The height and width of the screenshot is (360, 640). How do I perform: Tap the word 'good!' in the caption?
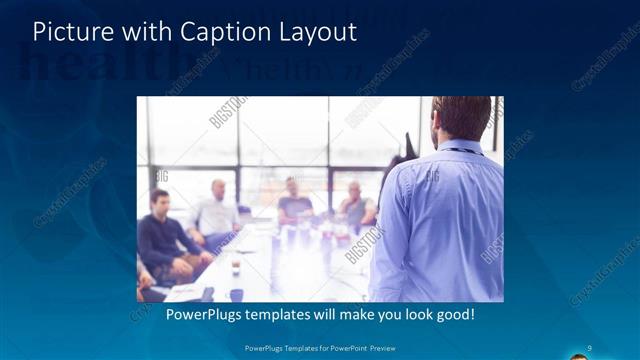coord(452,315)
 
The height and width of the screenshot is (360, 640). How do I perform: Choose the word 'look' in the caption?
coord(406,315)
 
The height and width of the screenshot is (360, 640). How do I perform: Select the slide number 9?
coord(590,347)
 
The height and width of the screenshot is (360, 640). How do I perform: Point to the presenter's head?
coord(461,118)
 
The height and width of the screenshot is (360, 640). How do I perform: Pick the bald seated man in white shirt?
coord(216,215)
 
